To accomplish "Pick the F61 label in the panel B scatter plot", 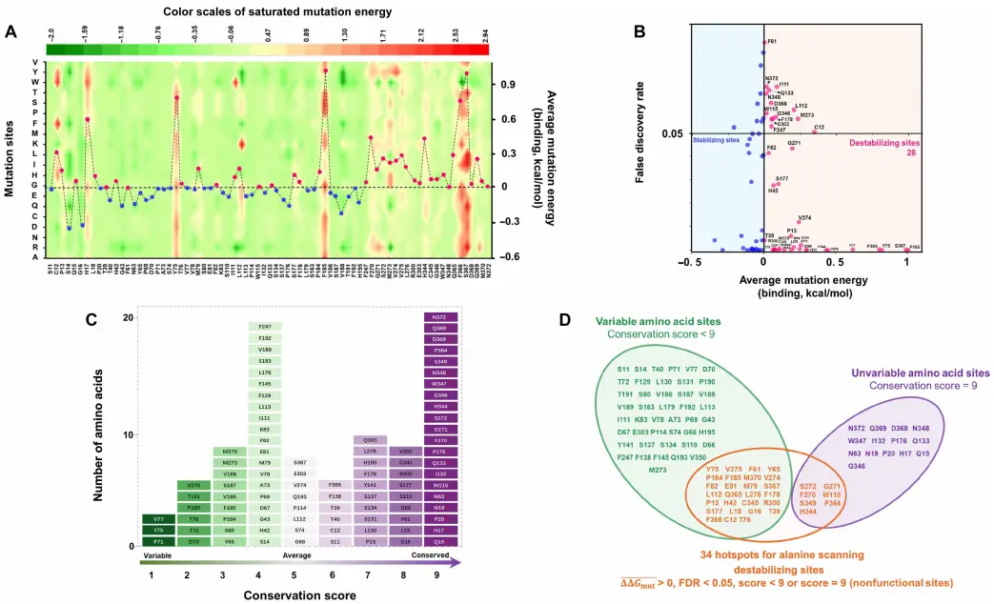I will coord(772,42).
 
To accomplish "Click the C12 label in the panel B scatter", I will coord(819,127).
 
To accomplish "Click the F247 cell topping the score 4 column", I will coord(265,328).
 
